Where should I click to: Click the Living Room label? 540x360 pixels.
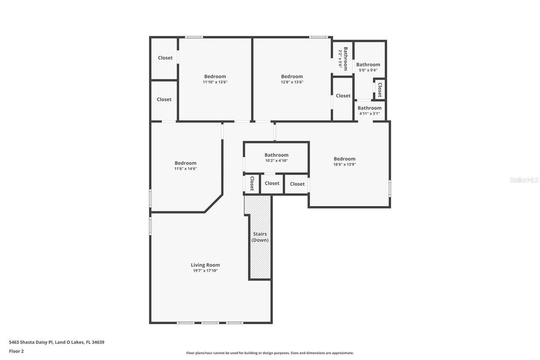(205, 265)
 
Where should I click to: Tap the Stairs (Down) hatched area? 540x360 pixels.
(260, 245)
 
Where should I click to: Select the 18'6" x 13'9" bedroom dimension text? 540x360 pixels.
(345, 165)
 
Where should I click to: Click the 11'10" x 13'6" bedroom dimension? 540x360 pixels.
(215, 82)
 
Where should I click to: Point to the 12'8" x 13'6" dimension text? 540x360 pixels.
(292, 82)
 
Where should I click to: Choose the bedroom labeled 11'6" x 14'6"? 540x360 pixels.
(186, 165)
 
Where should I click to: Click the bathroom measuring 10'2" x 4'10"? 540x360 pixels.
(276, 157)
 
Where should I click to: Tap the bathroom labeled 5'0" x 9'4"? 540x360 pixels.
(368, 67)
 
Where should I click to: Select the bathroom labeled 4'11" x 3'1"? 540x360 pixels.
(370, 111)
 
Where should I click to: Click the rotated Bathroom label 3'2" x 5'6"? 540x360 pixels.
(343, 59)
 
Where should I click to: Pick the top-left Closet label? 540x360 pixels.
(165, 58)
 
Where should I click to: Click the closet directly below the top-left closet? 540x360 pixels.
(164, 100)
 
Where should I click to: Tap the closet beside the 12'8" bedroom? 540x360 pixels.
(343, 96)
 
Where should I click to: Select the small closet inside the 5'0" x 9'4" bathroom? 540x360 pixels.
(380, 89)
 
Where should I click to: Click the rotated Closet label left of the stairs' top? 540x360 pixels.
(252, 184)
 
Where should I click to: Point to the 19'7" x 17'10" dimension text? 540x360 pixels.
(205, 271)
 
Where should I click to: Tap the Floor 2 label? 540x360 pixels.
(16, 351)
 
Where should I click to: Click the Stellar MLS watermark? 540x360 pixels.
(524, 180)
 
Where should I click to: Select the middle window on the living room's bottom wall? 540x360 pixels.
(210, 323)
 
